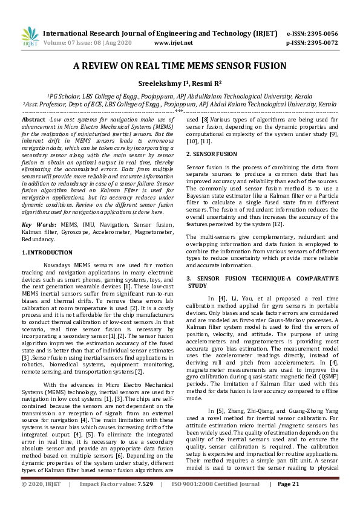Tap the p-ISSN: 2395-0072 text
312,43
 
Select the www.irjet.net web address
174,43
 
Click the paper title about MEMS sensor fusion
180,67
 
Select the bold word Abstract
33,121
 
